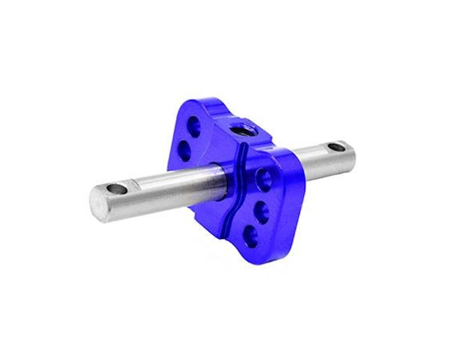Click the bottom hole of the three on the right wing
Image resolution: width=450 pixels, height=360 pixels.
tap(250, 237)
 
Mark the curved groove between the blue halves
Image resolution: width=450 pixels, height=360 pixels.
tap(232, 187)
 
